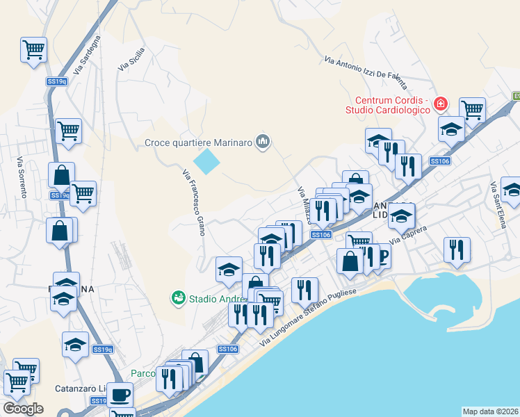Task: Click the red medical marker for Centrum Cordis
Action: [x=440, y=104]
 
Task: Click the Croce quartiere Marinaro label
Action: [x=198, y=143]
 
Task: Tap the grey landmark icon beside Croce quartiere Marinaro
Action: [x=262, y=142]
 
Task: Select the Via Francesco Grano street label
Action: [x=193, y=202]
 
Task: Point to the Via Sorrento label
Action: [x=22, y=178]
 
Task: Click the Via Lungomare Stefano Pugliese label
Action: [x=309, y=317]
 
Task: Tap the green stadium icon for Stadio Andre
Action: [x=179, y=298]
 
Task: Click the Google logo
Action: [x=23, y=409]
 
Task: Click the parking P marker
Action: [x=382, y=256]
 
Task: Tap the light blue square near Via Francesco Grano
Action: [x=206, y=163]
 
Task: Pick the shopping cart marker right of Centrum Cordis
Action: [x=472, y=108]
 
